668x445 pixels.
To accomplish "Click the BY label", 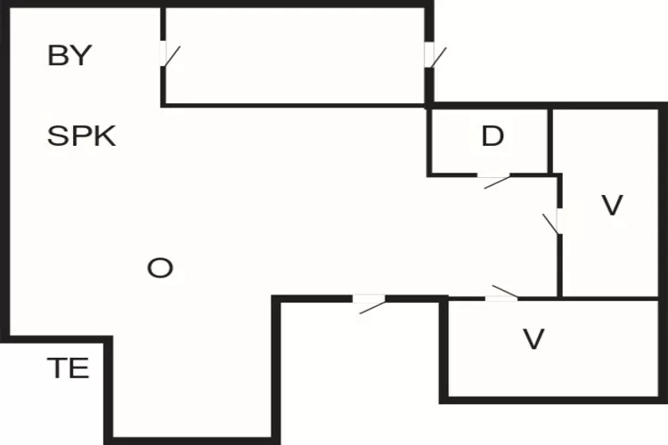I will [x=69, y=56].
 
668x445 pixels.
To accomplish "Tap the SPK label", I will [x=81, y=137].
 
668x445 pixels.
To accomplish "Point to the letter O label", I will [x=159, y=268].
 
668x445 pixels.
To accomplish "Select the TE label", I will [x=68, y=368].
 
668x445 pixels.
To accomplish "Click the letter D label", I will [x=493, y=137].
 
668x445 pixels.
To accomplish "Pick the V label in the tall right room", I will [x=611, y=206].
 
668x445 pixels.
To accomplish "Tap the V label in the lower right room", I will [x=533, y=339].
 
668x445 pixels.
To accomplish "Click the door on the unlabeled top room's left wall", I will [x=164, y=54].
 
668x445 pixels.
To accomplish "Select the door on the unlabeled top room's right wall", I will [x=428, y=55].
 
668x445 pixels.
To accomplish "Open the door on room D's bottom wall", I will [x=494, y=175].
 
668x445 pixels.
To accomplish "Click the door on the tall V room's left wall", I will [x=558, y=220].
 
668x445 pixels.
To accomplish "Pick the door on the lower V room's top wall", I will [x=501, y=297].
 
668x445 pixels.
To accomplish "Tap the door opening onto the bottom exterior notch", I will [x=370, y=298].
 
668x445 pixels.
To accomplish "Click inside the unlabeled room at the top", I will [x=294, y=56].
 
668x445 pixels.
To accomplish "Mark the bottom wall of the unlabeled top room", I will [x=294, y=105].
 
